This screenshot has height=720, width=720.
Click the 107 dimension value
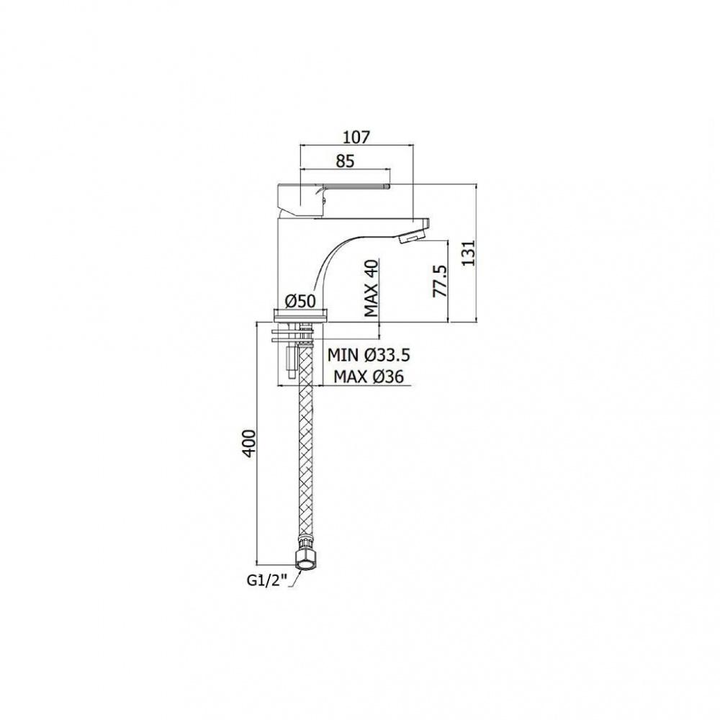(x=357, y=137)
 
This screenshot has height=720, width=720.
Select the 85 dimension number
(x=346, y=161)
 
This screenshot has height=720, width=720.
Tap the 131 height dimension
(x=468, y=252)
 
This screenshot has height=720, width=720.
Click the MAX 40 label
(x=371, y=289)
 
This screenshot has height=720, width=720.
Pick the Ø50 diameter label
(x=300, y=302)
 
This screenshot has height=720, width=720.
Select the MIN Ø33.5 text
(x=368, y=355)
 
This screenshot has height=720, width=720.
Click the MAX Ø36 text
(x=368, y=377)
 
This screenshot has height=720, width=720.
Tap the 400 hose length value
(x=249, y=443)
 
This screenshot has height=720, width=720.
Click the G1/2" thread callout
(x=267, y=581)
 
